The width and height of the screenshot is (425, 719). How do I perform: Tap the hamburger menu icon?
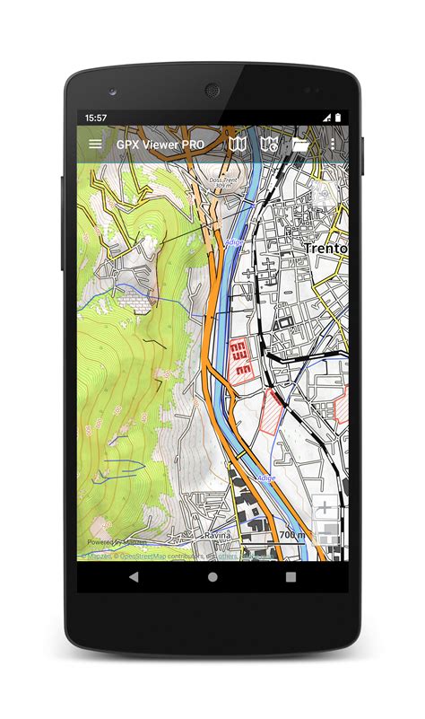pyautogui.click(x=95, y=144)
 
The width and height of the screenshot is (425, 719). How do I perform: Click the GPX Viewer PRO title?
pyautogui.click(x=160, y=144)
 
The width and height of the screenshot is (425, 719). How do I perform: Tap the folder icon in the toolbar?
pyautogui.click(x=300, y=144)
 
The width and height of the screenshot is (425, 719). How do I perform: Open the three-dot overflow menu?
pyautogui.click(x=334, y=144)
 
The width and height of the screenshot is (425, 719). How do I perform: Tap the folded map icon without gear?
pyautogui.click(x=237, y=144)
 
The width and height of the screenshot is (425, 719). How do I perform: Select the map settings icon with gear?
pyautogui.click(x=268, y=144)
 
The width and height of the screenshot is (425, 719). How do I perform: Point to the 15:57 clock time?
pyautogui.click(x=96, y=118)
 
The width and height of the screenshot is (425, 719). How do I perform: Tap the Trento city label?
pyautogui.click(x=325, y=247)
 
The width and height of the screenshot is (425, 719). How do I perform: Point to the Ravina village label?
pyautogui.click(x=217, y=535)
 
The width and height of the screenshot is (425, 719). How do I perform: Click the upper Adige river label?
pyautogui.click(x=233, y=242)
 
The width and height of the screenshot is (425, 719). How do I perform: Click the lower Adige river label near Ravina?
pyautogui.click(x=266, y=478)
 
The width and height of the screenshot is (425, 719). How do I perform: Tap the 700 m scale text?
pyautogui.click(x=291, y=535)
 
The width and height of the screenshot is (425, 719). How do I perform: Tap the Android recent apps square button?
pyautogui.click(x=291, y=577)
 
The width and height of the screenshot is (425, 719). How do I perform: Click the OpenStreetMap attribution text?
pyautogui.click(x=143, y=556)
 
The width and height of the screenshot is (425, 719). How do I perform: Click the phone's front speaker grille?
pyautogui.click(x=212, y=91)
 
